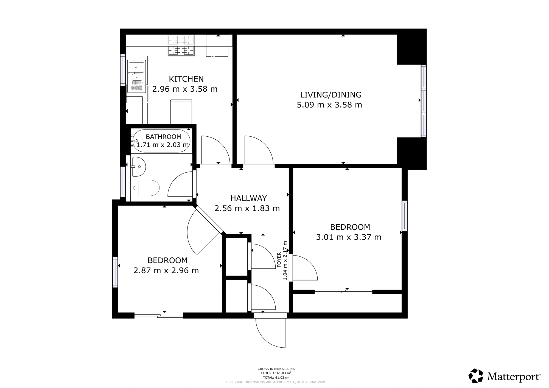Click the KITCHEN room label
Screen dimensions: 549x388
(186, 79)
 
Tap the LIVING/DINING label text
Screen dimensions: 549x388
(331, 95)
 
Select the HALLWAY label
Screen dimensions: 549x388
(248, 198)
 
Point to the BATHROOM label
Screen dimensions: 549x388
(163, 137)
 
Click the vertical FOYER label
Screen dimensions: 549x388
(279, 260)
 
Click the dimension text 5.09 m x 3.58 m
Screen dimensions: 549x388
(329, 105)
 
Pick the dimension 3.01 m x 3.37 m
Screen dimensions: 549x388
(349, 237)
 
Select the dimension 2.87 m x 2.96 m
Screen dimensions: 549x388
(166, 271)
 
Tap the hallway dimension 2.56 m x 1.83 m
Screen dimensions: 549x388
(247, 208)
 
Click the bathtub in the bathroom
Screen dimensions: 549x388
(161, 141)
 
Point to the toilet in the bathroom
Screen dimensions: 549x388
(145, 188)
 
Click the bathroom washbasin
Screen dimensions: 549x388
(139, 167)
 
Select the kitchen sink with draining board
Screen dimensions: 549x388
(136, 76)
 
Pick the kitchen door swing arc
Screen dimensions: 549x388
(220, 146)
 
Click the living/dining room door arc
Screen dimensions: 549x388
(264, 146)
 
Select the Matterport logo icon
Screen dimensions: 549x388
(476, 376)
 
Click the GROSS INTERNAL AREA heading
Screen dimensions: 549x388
(276, 369)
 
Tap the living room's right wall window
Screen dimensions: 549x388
(424, 101)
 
